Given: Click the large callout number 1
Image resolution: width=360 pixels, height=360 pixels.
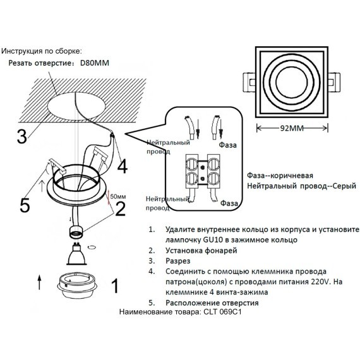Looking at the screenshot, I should coord(114,286).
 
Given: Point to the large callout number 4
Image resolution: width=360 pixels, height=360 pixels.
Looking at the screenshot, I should coord(122,166).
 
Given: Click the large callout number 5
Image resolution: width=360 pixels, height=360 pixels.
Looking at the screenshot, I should coord(24,205).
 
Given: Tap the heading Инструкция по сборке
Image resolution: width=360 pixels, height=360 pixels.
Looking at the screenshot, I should coord(42,50).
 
